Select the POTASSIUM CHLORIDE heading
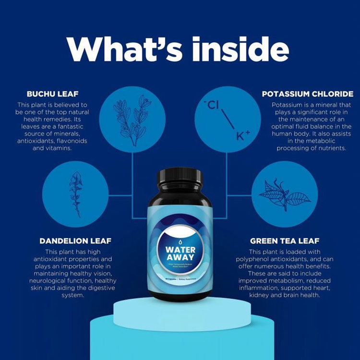(x=307, y=94)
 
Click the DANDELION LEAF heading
(x=77, y=241)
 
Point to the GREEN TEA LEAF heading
(x=285, y=241)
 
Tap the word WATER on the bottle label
(x=180, y=250)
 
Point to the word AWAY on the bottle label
(x=180, y=260)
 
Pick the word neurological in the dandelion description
(x=50, y=280)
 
